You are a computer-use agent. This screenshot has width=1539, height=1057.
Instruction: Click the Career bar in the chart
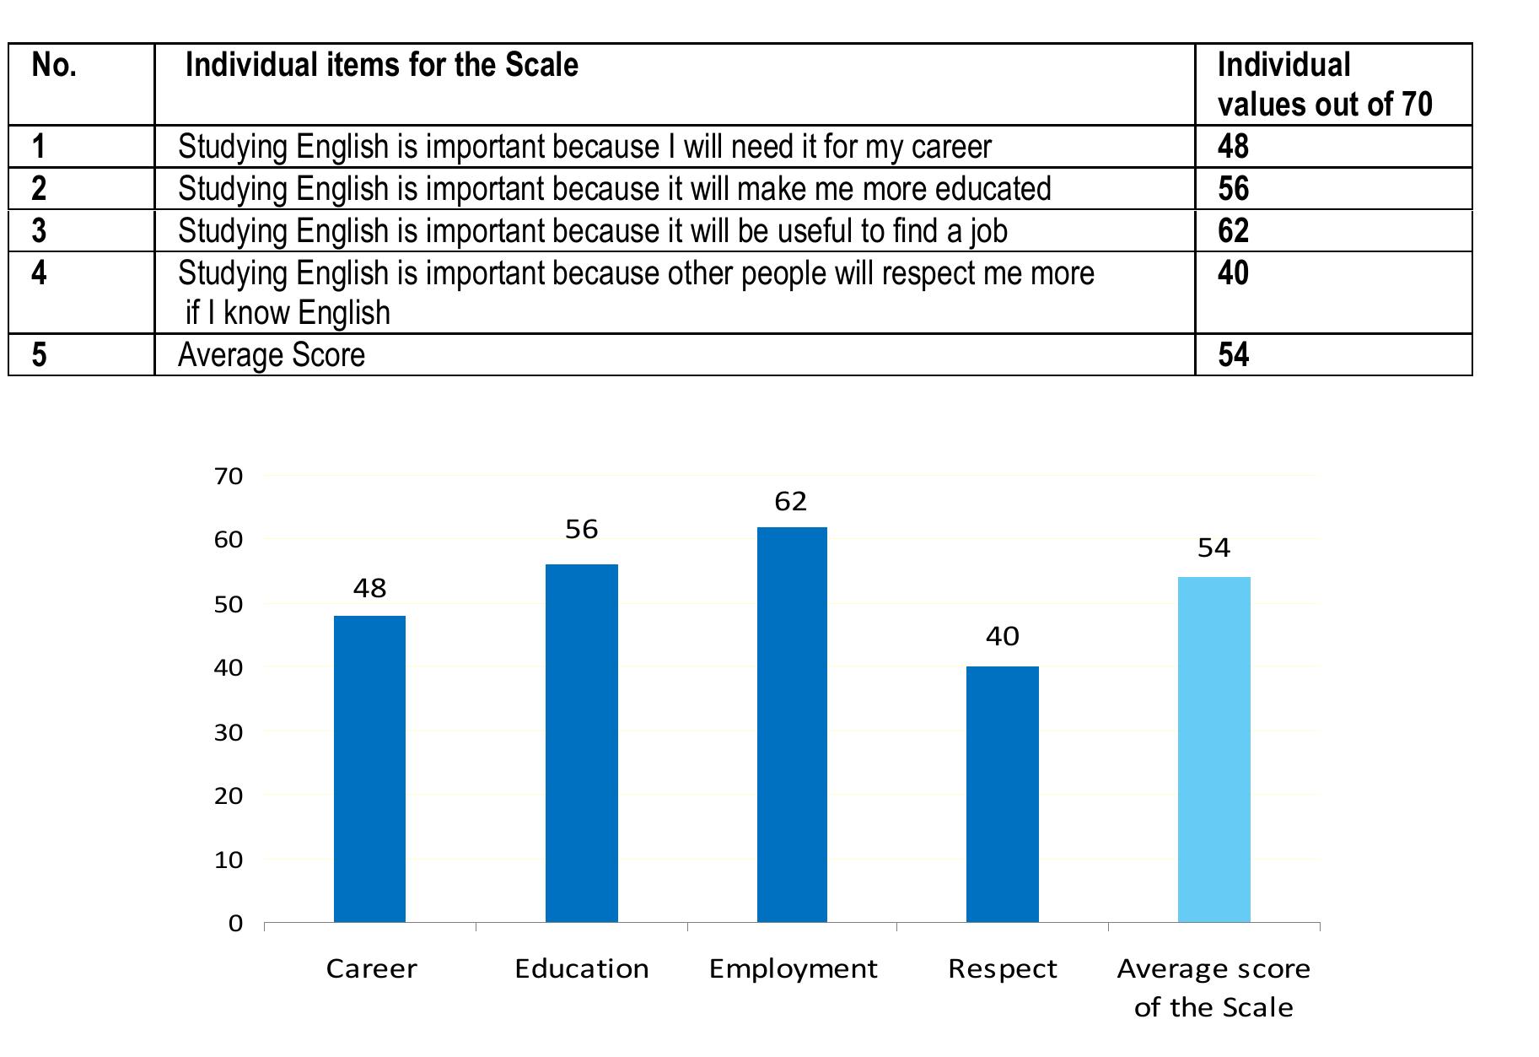[369, 768]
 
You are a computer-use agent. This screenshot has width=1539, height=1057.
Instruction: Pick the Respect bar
[1002, 794]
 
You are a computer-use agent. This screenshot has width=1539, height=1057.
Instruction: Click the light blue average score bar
[1213, 749]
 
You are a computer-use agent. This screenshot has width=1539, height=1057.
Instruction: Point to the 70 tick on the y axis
[229, 477]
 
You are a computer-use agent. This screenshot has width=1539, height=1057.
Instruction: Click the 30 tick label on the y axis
[229, 732]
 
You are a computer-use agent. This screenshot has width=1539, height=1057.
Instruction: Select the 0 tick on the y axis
[235, 924]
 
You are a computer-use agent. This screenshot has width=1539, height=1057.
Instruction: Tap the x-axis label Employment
[793, 968]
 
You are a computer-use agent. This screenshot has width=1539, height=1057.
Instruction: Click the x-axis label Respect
[1002, 968]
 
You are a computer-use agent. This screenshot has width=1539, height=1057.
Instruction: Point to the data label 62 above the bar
[791, 502]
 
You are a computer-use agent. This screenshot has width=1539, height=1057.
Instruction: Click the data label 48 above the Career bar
[369, 588]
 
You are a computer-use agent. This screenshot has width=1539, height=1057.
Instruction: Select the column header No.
[54, 66]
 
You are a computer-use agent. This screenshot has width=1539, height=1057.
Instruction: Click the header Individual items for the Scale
[382, 66]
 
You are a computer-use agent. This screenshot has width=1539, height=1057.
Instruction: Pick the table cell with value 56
[1233, 189]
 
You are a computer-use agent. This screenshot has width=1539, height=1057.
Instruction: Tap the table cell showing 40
[1233, 273]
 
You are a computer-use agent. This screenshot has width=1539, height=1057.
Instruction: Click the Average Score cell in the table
[272, 355]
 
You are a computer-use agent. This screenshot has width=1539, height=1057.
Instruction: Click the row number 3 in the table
[39, 231]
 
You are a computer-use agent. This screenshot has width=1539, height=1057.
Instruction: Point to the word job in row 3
[988, 231]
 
